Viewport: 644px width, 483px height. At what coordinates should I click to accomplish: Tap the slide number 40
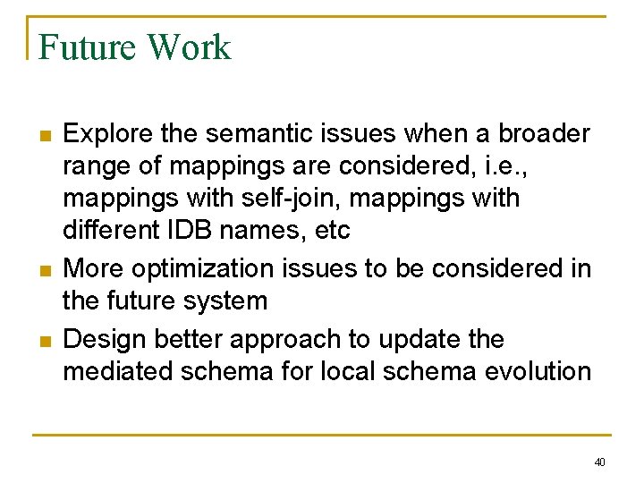coord(599,462)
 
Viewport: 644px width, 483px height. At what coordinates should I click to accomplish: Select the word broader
coord(544,134)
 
